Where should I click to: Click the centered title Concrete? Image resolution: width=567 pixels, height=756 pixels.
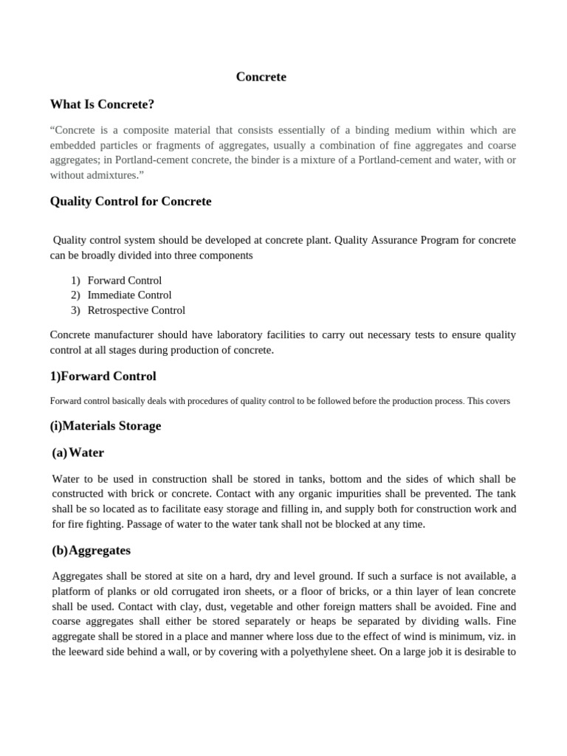pyautogui.click(x=261, y=77)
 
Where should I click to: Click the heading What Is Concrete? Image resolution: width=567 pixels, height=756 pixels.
pyautogui.click(x=102, y=104)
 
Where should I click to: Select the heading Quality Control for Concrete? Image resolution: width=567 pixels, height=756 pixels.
pyautogui.click(x=130, y=202)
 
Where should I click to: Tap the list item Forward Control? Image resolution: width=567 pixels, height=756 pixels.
pyautogui.click(x=124, y=281)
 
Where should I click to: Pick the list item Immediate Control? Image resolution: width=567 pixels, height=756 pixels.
pyautogui.click(x=129, y=295)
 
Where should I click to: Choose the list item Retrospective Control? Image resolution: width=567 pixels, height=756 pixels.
pyautogui.click(x=136, y=310)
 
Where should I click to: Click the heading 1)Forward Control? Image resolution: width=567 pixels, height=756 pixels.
pyautogui.click(x=103, y=377)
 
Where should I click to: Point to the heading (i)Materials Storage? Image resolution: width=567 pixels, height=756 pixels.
pyautogui.click(x=105, y=426)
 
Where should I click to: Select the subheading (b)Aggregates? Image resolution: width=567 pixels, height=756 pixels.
pyautogui.click(x=92, y=551)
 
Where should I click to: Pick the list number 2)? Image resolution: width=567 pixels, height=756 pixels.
pyautogui.click(x=75, y=295)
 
